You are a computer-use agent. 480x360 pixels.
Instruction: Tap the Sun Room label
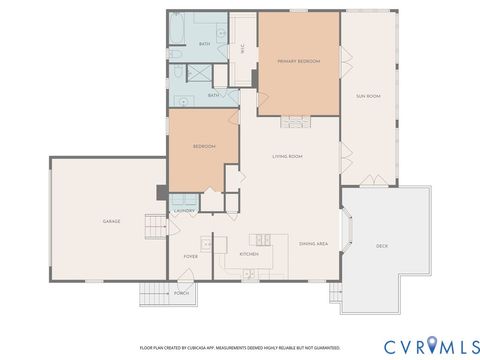[x=368, y=96]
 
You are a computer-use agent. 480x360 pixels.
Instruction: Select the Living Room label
[x=288, y=157]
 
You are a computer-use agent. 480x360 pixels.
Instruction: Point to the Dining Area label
[x=314, y=241]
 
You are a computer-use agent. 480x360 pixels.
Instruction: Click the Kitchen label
[x=249, y=254]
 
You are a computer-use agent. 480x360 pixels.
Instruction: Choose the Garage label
[x=111, y=221]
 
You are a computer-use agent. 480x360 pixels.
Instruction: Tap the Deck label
[x=381, y=246]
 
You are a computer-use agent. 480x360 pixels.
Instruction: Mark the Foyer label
[x=190, y=257]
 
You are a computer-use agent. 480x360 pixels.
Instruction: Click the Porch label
[x=182, y=293]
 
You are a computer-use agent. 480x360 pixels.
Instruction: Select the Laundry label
[x=184, y=211]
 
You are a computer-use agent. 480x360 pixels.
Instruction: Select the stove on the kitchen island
[x=263, y=239]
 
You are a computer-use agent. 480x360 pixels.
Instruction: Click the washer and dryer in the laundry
[x=184, y=200]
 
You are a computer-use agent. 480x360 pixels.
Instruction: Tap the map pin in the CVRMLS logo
[x=433, y=345]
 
